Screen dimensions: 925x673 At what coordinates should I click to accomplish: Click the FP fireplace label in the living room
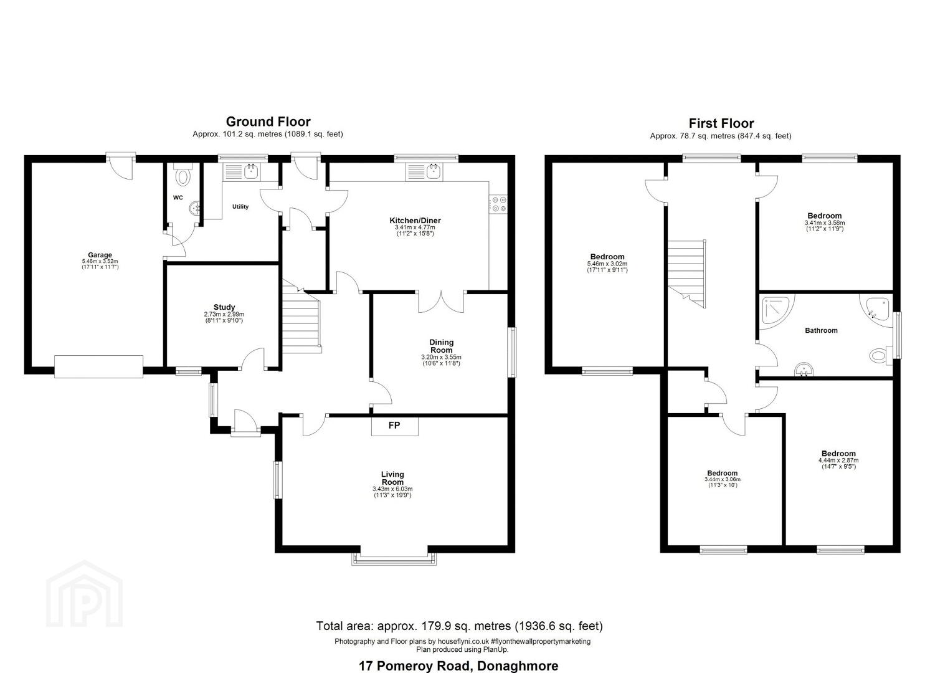(394, 425)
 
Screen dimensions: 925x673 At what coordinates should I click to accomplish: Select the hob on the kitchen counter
(498, 204)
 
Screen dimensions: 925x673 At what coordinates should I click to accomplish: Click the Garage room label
(100, 255)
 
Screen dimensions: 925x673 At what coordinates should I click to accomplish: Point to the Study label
(224, 307)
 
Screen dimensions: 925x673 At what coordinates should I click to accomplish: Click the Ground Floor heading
(268, 122)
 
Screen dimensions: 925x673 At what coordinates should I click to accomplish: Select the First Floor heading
(721, 123)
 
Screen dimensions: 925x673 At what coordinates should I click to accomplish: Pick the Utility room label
(240, 206)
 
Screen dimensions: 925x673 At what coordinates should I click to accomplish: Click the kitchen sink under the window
(424, 172)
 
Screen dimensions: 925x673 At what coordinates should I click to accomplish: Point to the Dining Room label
(442, 346)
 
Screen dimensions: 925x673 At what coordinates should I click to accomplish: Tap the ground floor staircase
(301, 317)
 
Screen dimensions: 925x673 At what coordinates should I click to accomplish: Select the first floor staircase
(686, 274)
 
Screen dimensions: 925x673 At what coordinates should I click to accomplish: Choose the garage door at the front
(98, 366)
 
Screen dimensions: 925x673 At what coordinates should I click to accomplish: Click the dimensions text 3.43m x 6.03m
(392, 489)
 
